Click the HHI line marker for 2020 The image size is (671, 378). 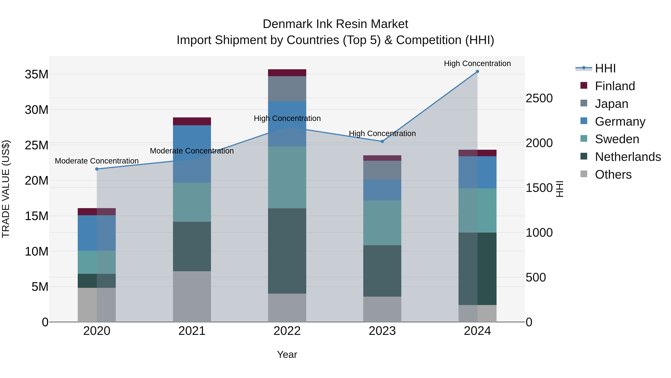tap(97, 169)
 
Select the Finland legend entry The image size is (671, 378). tap(615, 86)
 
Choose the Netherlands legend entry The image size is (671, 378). tap(628, 157)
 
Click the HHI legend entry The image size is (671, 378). tap(605, 68)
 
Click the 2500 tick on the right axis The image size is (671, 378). tap(539, 98)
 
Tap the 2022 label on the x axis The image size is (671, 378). tap(287, 331)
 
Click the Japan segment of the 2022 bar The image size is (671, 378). tap(287, 89)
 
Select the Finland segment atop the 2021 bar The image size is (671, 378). tap(192, 121)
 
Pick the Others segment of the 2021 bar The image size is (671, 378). tap(192, 297)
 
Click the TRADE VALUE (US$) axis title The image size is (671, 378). tap(6, 189)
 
